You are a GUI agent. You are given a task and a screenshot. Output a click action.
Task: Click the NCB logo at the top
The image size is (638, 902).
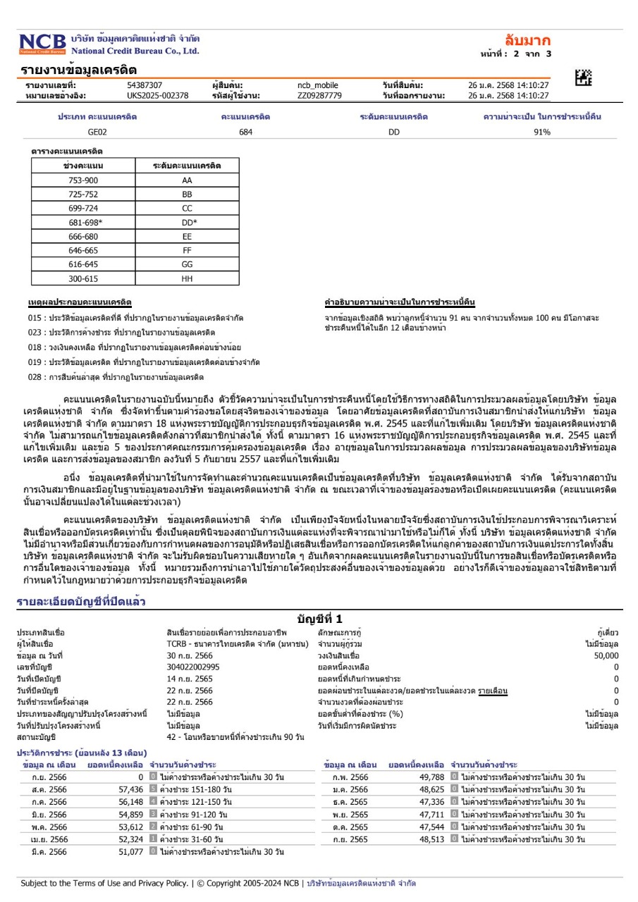pyautogui.click(x=42, y=44)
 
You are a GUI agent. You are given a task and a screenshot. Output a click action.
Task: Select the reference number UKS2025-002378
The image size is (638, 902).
pyautogui.click(x=157, y=95)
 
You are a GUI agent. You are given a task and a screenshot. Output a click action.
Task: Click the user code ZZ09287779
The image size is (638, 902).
pyautogui.click(x=319, y=95)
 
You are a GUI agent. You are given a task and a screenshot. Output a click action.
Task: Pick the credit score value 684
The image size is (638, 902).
pyautogui.click(x=245, y=132)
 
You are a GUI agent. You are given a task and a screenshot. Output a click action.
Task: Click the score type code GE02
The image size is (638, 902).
pyautogui.click(x=97, y=132)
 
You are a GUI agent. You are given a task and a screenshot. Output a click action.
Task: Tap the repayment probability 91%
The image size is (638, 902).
pyautogui.click(x=542, y=132)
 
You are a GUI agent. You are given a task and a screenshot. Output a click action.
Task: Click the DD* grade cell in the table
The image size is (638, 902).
pyautogui.click(x=187, y=223)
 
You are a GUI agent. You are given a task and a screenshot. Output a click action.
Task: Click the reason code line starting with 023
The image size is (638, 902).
pyautogui.click(x=121, y=332)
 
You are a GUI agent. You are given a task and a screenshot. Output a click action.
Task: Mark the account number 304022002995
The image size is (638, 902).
pyautogui.click(x=193, y=666)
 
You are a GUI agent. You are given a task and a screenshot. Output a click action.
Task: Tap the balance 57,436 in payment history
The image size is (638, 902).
pyautogui.click(x=131, y=789)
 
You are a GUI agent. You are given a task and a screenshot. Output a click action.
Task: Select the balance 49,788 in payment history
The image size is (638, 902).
pyautogui.click(x=431, y=777)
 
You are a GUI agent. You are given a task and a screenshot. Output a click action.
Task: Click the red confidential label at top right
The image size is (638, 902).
pyautogui.click(x=527, y=40)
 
